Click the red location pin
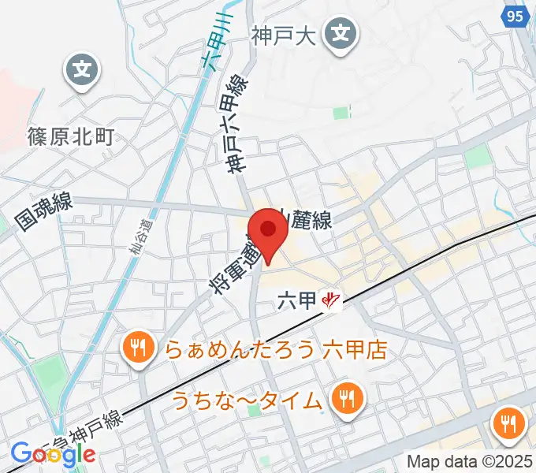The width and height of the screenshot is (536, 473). tap(269, 230)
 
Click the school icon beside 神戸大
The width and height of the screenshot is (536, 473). tap(341, 34)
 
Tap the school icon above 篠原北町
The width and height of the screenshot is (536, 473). tap(82, 71)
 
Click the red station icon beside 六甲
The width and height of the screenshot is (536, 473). tap(333, 300)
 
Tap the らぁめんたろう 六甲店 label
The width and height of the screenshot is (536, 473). tap(276, 349)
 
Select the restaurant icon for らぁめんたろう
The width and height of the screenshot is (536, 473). tap(139, 347)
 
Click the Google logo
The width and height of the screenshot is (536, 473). tap(53, 454)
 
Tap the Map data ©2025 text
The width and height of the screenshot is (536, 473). tap(470, 462)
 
